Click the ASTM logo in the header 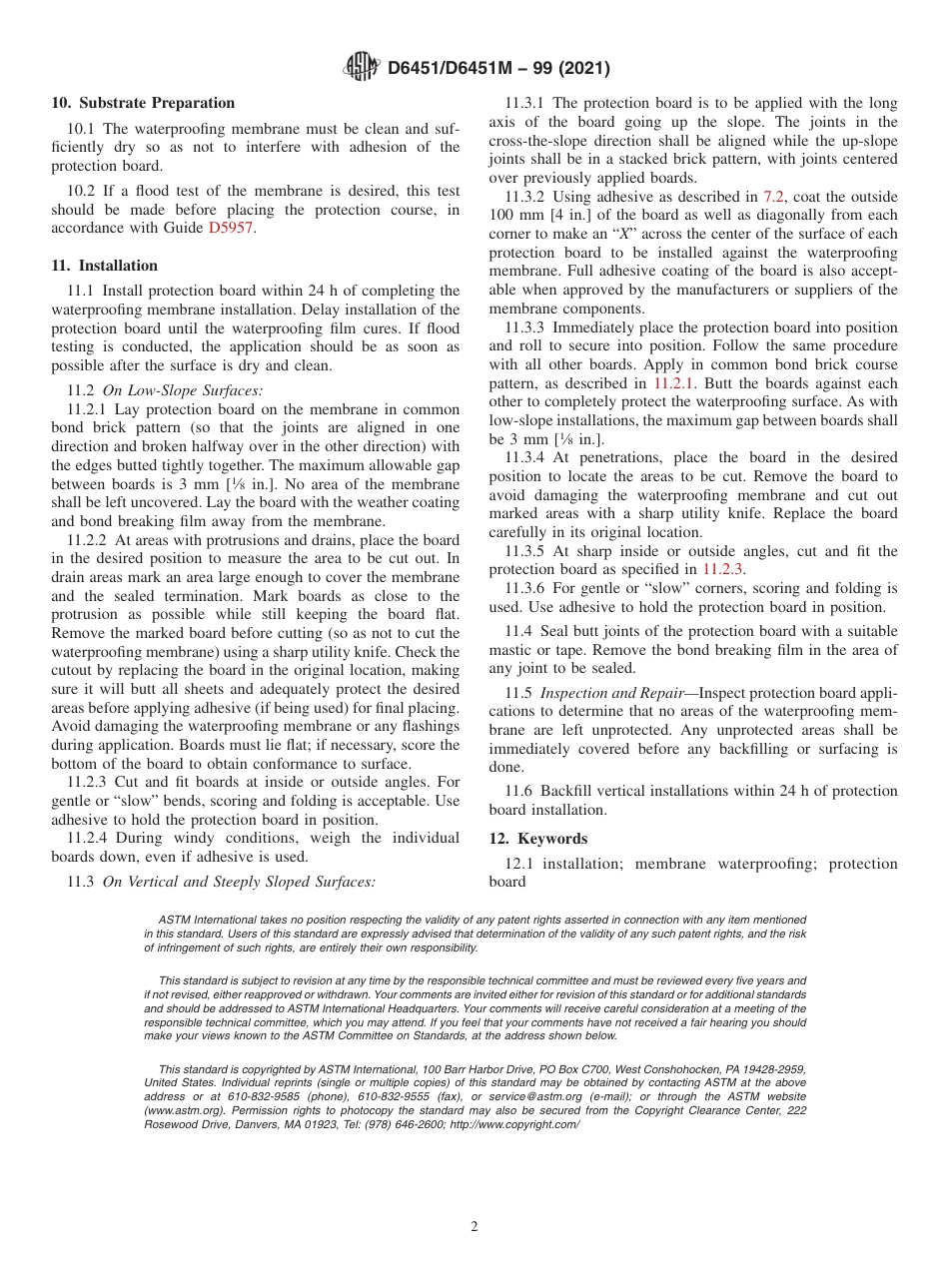click(362, 67)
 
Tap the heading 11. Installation click(105, 266)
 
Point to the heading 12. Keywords click(538, 839)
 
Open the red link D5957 click(232, 229)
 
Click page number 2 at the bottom click(474, 1227)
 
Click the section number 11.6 click(518, 792)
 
